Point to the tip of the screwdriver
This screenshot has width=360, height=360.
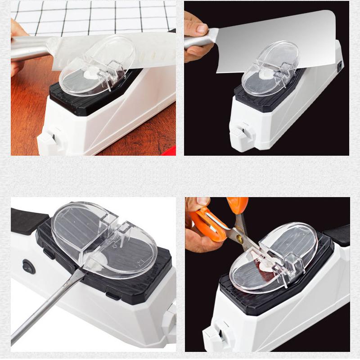click(83, 273)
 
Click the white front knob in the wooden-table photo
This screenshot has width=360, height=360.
click(48, 137)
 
